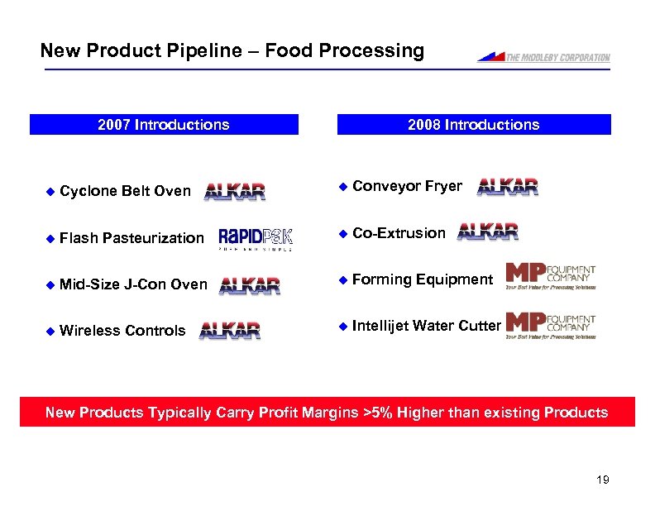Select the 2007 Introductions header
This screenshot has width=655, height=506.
point(164,125)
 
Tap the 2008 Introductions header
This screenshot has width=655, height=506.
point(473,125)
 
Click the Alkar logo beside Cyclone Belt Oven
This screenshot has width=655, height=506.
point(235,191)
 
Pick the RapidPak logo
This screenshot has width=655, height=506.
point(255,238)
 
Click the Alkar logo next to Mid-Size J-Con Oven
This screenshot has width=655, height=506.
point(250,285)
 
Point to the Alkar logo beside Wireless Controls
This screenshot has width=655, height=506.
point(230,331)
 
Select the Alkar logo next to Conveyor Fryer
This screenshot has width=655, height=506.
point(508,187)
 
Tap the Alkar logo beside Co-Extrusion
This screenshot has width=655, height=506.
point(488,232)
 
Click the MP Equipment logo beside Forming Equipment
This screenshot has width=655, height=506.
point(550,278)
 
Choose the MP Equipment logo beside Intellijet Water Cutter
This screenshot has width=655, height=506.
point(550,325)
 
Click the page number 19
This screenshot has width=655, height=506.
point(602,480)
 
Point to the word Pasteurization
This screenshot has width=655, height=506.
point(153,238)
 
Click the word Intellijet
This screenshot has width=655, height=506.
point(380,326)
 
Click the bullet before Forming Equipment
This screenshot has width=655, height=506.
point(342,279)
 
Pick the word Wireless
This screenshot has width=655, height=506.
point(90,331)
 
